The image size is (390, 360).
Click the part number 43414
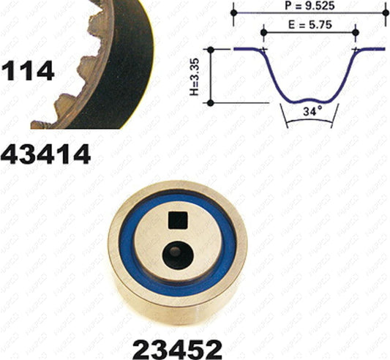pyautogui.click(x=45, y=154)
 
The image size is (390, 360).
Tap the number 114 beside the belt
pyautogui.click(x=27, y=71)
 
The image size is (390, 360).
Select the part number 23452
pyautogui.click(x=177, y=350)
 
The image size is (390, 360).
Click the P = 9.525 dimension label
pyautogui.click(x=310, y=5)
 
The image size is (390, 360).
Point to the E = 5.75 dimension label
pyautogui.click(x=310, y=25)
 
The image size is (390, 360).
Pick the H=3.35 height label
pyautogui.click(x=195, y=77)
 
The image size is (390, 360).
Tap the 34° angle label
pyautogui.click(x=312, y=111)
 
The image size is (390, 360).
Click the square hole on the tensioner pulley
pyautogui.click(x=178, y=220)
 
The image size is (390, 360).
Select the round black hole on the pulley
pyautogui.click(x=178, y=255)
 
